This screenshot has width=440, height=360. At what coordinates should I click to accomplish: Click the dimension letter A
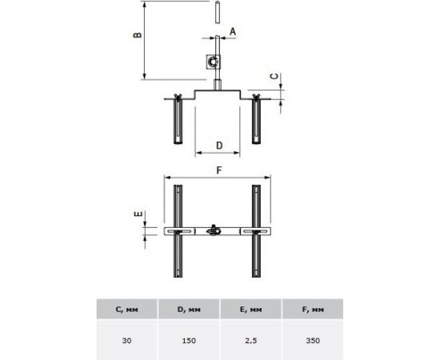(233, 32)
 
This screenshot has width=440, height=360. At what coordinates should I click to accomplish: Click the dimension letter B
(138, 34)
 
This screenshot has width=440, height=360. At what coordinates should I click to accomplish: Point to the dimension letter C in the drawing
(274, 76)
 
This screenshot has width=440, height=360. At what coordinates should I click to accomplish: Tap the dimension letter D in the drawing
(219, 146)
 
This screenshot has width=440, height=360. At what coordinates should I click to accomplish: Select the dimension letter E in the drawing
(138, 214)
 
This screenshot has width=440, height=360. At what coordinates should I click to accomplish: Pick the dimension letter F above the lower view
(219, 170)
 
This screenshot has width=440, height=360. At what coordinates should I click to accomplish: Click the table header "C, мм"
(127, 310)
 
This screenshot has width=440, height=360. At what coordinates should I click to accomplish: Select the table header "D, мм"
(189, 310)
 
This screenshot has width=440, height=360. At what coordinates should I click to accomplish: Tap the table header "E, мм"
(251, 310)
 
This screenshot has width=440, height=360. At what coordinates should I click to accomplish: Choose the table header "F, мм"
(313, 310)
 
